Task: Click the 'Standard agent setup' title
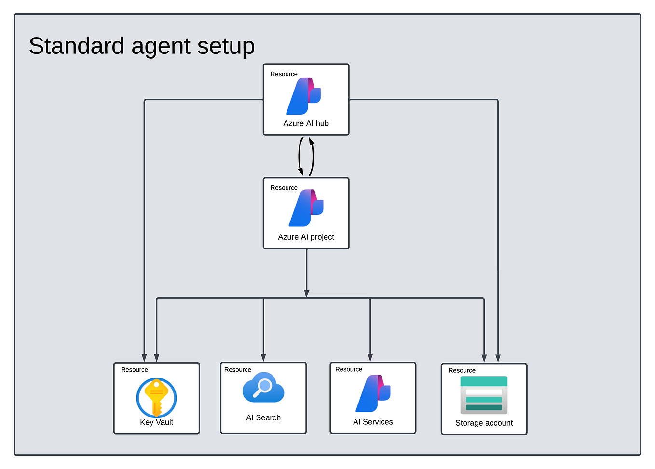(x=141, y=46)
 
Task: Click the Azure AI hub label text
(x=306, y=123)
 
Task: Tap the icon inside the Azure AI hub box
(x=304, y=96)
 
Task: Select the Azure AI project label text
(x=306, y=237)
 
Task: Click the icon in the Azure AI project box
(x=306, y=208)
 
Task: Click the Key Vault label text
(x=156, y=422)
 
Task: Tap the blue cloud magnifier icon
(x=263, y=387)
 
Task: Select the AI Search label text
(x=263, y=417)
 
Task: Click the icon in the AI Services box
(x=373, y=393)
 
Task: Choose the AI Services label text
(x=373, y=422)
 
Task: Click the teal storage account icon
(x=484, y=395)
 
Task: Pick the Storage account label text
(x=484, y=423)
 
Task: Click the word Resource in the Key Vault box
(x=135, y=370)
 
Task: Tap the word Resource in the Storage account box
(x=462, y=370)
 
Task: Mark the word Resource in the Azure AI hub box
(x=284, y=74)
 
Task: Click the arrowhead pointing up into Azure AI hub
(x=312, y=141)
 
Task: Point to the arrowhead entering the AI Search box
(x=263, y=357)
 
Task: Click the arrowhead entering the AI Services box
(x=370, y=357)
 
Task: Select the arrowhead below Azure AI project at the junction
(x=306, y=293)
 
